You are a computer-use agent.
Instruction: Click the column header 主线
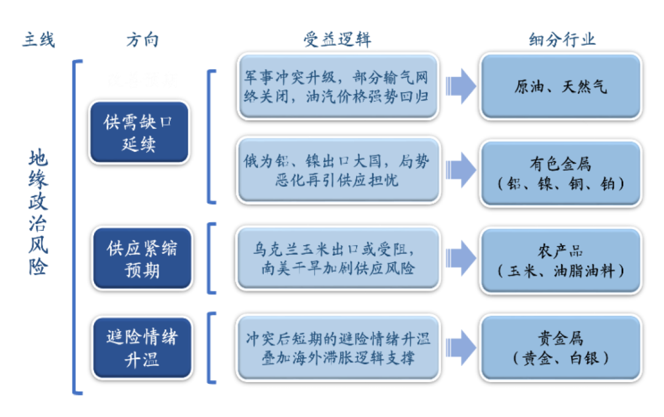tap(39, 40)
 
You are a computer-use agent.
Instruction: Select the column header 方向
tap(142, 40)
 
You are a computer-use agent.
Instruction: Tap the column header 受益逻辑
tap(337, 40)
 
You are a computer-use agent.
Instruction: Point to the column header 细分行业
tap(562, 40)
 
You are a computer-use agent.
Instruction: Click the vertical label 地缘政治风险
tap(38, 213)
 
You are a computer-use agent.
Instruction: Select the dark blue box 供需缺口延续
tap(139, 133)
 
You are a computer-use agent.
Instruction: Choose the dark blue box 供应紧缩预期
tap(142, 259)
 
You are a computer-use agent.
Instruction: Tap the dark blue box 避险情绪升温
tap(142, 348)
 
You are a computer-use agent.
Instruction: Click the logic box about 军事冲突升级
tap(338, 87)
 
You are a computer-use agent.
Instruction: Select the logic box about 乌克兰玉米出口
tap(338, 259)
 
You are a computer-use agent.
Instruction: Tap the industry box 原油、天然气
tap(561, 87)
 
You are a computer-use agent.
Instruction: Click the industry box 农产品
tap(561, 260)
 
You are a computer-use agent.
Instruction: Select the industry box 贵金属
tap(561, 348)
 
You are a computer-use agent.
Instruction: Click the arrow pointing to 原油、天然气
tap(460, 87)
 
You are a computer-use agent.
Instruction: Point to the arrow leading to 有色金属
tap(460, 170)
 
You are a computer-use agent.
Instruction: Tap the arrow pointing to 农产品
tap(460, 259)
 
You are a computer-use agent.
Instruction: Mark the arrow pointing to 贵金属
tap(460, 348)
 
